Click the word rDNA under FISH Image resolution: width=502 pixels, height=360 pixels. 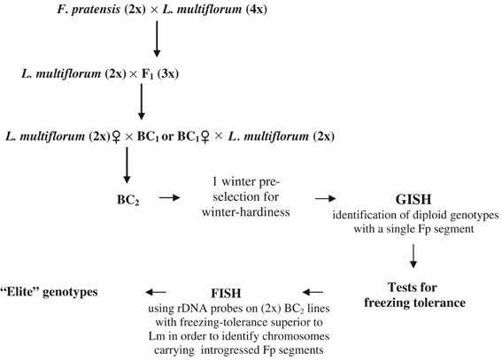(193, 305)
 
